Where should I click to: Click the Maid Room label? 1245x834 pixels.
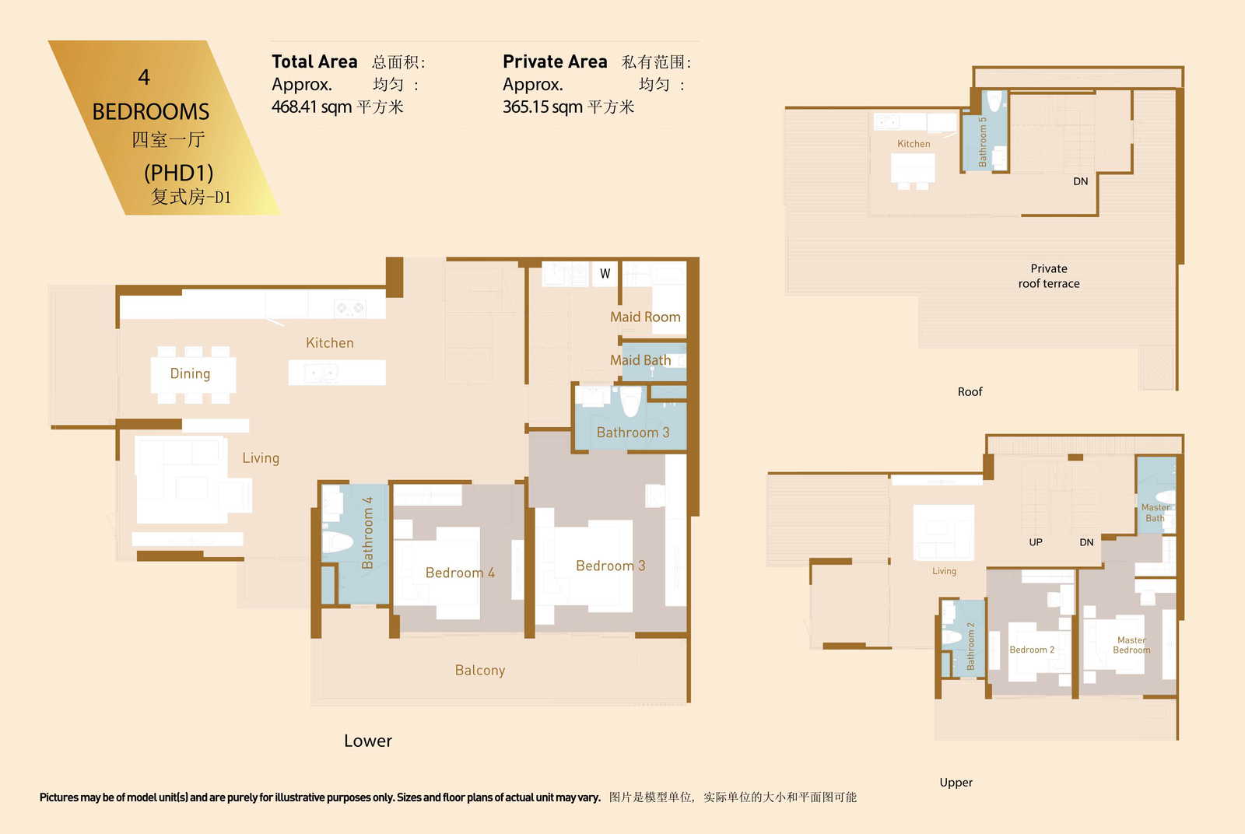(645, 317)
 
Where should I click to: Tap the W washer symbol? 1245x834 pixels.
(605, 273)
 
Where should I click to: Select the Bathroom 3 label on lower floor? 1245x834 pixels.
(633, 433)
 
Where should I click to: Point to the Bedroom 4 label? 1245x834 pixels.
(460, 573)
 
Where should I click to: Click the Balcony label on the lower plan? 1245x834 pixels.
(480, 671)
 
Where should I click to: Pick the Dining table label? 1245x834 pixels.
(190, 374)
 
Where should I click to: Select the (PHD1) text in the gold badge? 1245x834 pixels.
(179, 173)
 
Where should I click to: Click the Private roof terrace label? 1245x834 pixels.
(1049, 276)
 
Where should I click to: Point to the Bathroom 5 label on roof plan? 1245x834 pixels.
(982, 142)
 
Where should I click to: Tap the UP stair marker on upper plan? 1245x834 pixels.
(1036, 542)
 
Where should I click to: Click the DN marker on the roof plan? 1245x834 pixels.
(1081, 182)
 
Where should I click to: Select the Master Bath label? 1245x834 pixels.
(1156, 513)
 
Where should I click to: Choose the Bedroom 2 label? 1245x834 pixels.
(1032, 650)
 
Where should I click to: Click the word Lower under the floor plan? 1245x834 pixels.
(368, 741)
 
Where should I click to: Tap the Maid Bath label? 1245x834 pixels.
(640, 360)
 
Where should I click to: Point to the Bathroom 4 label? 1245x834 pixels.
(366, 533)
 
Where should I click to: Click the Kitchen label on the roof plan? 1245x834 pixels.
(914, 144)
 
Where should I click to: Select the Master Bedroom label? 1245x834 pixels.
(1131, 645)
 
